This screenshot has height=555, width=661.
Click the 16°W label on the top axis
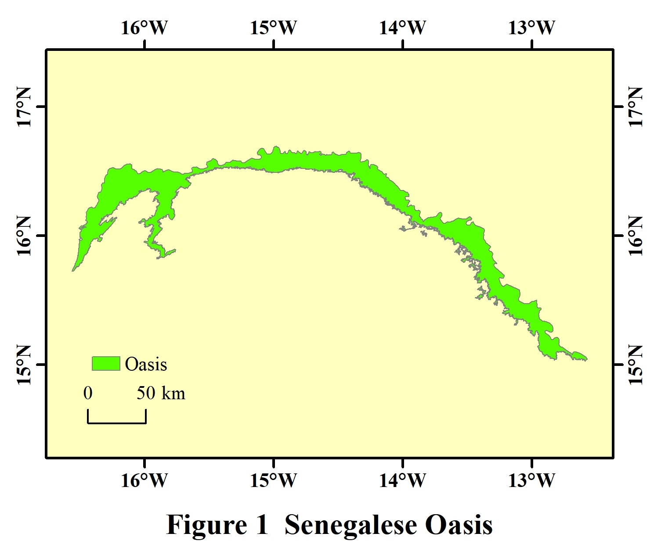144,28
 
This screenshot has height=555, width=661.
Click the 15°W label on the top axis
274,28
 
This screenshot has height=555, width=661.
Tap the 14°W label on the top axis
403,28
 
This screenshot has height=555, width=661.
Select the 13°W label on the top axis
532,28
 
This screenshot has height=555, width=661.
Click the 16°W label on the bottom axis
144,481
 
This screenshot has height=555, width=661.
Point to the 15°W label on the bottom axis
274,481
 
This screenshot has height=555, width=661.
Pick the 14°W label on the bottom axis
403,481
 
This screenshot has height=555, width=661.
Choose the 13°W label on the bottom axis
532,481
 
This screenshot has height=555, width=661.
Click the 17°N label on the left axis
24,107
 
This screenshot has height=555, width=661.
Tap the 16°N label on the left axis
24,236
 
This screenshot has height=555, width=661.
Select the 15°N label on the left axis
24,365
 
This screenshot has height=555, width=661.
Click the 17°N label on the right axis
636,107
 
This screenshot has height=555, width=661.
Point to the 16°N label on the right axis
636,236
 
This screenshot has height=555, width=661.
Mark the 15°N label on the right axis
636,365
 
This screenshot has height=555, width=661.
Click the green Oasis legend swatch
106,364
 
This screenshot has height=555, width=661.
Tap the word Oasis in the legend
146,365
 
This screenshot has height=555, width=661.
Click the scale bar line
117,423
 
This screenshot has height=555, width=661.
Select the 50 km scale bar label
161,393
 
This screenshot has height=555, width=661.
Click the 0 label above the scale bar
88,393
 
